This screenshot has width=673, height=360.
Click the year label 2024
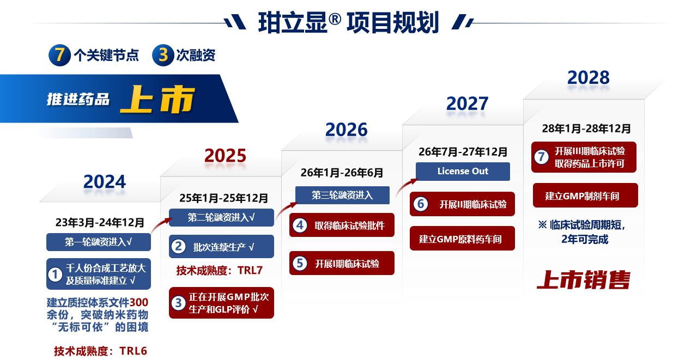point(105,182)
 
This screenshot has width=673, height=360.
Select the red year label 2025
point(226,156)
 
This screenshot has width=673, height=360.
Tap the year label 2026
point(347,129)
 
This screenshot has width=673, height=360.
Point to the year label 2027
point(468,103)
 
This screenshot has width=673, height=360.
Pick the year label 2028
point(589,77)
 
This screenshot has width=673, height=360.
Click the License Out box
point(463,171)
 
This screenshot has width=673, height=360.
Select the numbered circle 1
point(55,274)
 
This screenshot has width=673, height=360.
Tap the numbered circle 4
point(300,225)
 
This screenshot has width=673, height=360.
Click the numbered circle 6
point(420,204)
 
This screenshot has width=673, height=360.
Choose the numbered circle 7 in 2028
point(541,157)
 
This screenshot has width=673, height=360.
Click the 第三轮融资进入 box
point(342,195)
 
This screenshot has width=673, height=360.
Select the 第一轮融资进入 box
point(99,242)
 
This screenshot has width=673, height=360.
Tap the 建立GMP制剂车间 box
point(585,196)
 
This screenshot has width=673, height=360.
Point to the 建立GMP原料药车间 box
point(462,239)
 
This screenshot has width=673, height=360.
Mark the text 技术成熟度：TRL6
point(100,351)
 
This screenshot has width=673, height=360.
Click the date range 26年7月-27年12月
point(463,151)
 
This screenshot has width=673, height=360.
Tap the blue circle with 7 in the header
point(59,56)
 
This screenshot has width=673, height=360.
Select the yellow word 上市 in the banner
point(157,100)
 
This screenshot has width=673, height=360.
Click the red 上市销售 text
point(583,279)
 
